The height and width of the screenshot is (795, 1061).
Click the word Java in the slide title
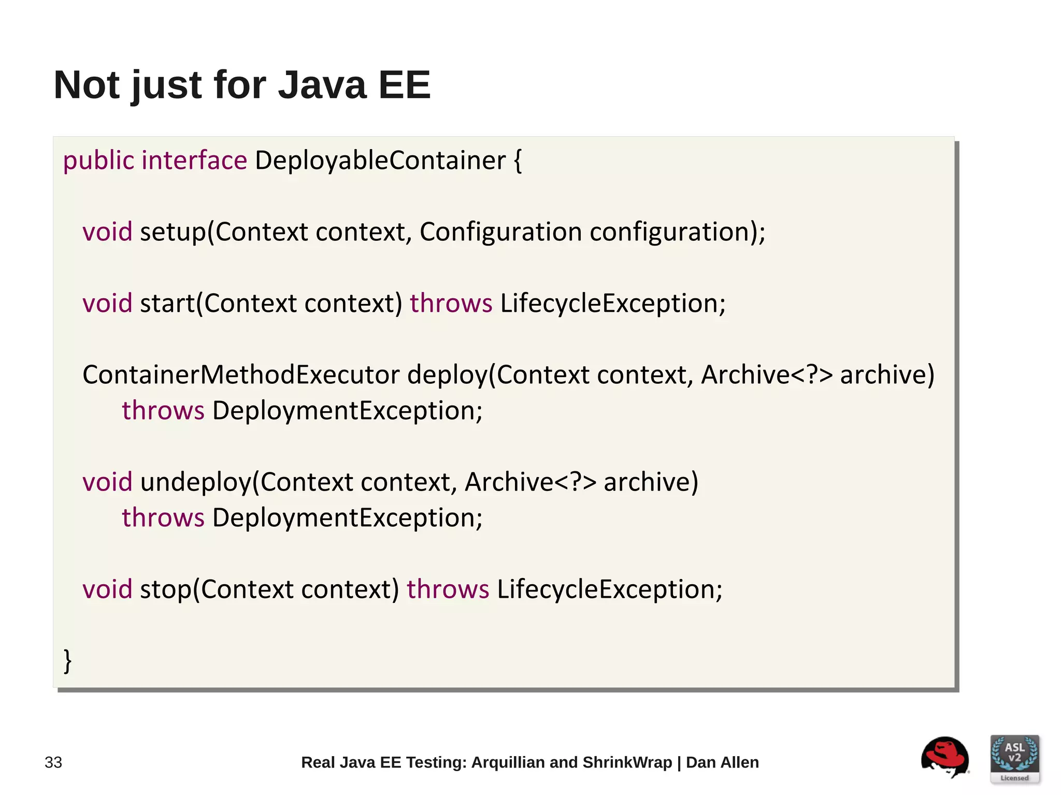pos(322,85)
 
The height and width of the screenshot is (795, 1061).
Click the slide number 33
pos(53,762)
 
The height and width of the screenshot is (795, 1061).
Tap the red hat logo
pos(945,757)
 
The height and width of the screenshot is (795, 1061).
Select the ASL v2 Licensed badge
pos(1014,759)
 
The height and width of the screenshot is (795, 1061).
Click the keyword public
pos(98,161)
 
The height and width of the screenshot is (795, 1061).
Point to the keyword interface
pos(194,160)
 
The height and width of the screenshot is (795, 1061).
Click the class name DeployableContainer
pos(380,161)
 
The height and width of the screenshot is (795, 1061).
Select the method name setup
pos(173,232)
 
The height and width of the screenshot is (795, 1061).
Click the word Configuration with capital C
pos(500,232)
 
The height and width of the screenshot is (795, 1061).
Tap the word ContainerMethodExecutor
pos(241,374)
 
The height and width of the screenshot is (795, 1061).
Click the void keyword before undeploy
pos(107,482)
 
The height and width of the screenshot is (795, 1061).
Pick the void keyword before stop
pos(107,589)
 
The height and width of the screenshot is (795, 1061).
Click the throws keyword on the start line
pos(451,303)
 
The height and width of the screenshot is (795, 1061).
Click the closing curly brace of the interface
pos(67,661)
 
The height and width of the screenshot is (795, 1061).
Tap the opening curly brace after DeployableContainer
pos(518,161)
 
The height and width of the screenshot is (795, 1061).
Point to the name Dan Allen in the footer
pos(722,762)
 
